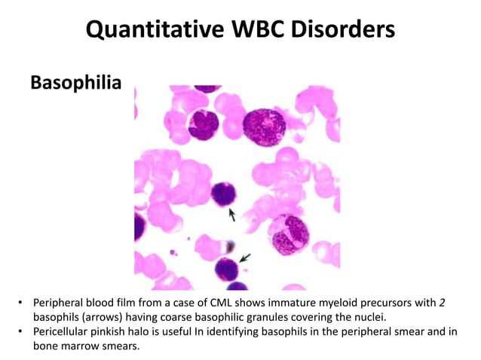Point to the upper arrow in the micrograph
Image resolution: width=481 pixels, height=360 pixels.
[x=232, y=215]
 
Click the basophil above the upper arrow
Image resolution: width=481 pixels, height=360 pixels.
[x=225, y=194]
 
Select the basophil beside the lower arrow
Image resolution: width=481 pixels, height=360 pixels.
[x=227, y=267]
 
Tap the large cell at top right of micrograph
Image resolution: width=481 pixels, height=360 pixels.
[x=265, y=124]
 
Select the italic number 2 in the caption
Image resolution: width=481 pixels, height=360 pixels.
[x=442, y=303]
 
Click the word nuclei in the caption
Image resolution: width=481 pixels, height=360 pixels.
[x=371, y=317]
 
